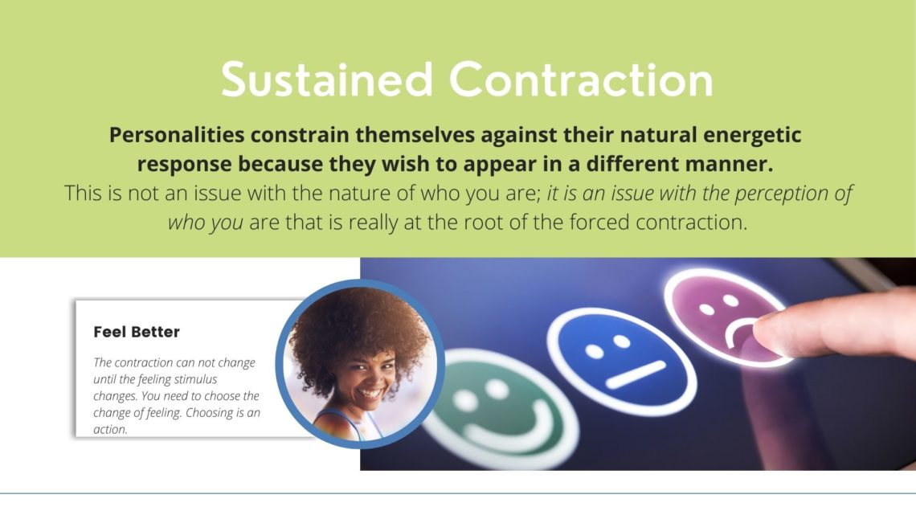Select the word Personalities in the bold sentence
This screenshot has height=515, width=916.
177,135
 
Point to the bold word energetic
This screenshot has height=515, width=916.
752,136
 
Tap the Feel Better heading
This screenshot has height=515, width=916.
137,332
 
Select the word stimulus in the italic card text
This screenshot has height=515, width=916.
195,379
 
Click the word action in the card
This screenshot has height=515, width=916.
110,429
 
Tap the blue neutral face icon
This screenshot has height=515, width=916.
622,362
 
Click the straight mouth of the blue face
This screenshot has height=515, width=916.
636,374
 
